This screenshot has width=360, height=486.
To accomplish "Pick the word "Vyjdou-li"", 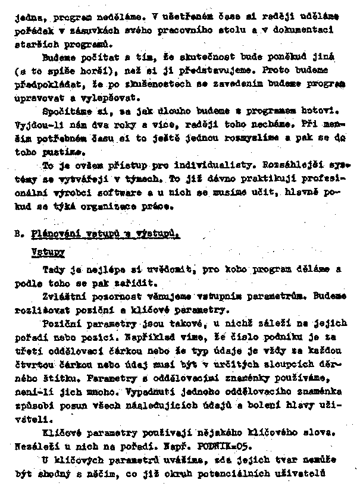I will [35, 125].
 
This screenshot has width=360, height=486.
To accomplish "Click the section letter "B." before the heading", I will [18, 234].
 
